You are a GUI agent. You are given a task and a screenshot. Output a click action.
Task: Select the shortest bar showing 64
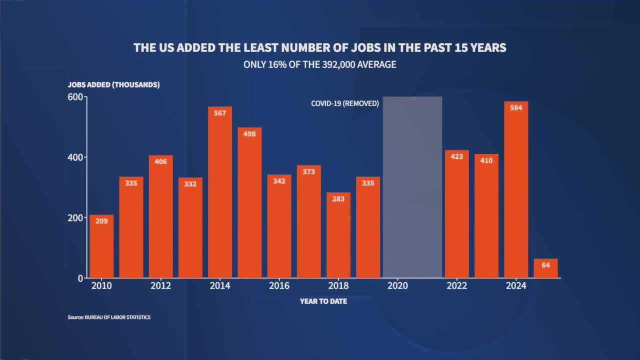(x=545, y=268)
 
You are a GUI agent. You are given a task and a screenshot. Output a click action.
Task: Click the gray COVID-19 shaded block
(x=412, y=187)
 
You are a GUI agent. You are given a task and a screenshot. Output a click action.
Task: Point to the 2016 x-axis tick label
(x=279, y=286)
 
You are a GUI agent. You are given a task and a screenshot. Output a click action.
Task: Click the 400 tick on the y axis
(x=75, y=157)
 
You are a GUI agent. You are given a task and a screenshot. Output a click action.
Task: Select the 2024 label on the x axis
(x=516, y=286)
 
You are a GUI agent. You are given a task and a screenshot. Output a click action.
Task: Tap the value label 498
(x=249, y=134)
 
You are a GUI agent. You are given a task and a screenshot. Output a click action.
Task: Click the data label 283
(x=338, y=199)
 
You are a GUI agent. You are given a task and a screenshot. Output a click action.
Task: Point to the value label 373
(x=309, y=172)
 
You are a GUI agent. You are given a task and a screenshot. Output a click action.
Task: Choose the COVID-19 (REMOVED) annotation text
(x=345, y=103)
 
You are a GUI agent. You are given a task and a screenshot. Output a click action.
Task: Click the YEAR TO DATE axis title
(x=323, y=301)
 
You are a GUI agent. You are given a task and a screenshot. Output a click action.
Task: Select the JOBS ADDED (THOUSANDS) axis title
(x=114, y=84)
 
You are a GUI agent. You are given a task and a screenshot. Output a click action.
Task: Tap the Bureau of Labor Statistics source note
(x=109, y=317)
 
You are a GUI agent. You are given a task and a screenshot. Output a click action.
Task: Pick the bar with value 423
(x=457, y=215)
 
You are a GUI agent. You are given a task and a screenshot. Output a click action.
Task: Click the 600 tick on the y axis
(x=75, y=97)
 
